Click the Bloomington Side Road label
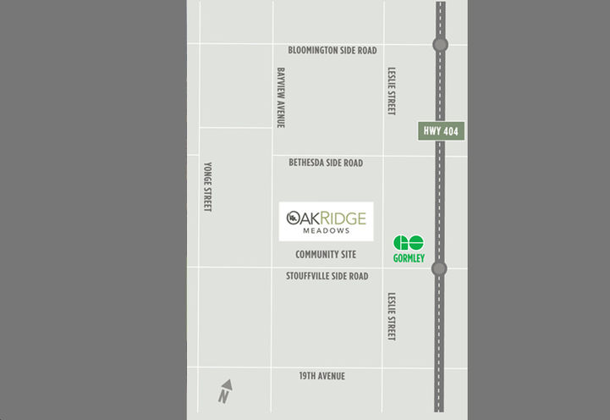[x=332, y=51]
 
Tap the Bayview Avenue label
[x=280, y=97]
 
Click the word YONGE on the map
[x=208, y=174]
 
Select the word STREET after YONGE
[x=208, y=200]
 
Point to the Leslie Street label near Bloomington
[x=391, y=91]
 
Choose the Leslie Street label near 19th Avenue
[x=391, y=317]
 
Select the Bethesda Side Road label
[x=326, y=163]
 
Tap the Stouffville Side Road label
[x=326, y=276]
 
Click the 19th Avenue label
[x=321, y=376]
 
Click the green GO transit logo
[x=409, y=243]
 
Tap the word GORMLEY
[x=409, y=258]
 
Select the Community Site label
[x=326, y=255]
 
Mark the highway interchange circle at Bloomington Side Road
[x=440, y=45]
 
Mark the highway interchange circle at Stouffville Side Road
[x=439, y=268]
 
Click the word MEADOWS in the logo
[x=327, y=229]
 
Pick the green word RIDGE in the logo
[x=343, y=218]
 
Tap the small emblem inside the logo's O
[x=293, y=218]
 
